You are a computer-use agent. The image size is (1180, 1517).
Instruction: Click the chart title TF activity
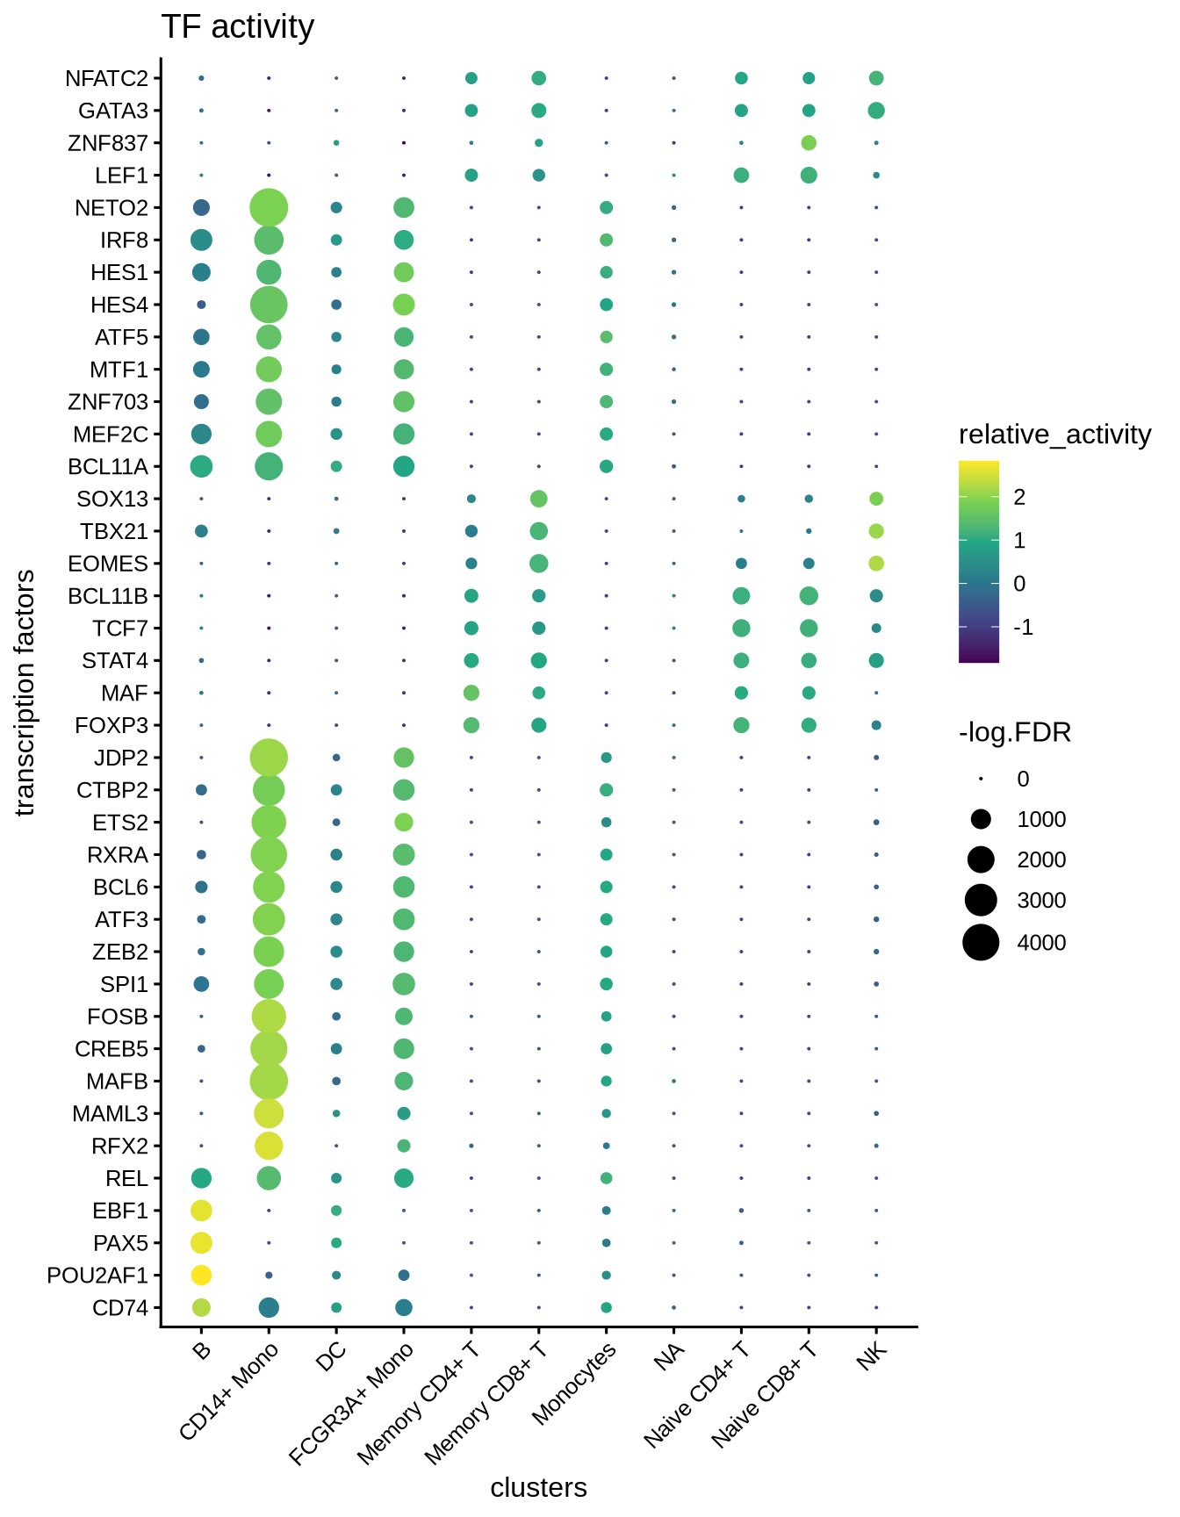pos(237,27)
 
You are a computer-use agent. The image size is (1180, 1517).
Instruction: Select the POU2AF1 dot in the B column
pos(201,1275)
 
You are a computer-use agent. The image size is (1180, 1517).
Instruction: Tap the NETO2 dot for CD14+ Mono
pos(269,208)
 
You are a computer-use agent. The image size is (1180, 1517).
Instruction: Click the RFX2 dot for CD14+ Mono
pos(269,1146)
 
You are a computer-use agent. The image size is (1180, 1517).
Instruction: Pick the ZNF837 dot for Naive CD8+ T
pos(809,142)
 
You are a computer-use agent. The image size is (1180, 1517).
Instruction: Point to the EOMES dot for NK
pos(876,563)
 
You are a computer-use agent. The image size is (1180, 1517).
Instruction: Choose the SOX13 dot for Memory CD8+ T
pos(539,499)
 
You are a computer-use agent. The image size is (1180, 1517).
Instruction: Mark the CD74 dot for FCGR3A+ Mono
pos(404,1307)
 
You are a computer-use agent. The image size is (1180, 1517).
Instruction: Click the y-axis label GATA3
pos(113,111)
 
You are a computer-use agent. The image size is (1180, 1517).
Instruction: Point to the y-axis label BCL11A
pos(108,466)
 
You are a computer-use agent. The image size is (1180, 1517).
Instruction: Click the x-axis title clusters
pos(538,1487)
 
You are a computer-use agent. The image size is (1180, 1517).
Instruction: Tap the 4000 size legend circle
pos(981,942)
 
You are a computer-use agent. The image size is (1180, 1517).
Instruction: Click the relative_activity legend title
pos(1054,435)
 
